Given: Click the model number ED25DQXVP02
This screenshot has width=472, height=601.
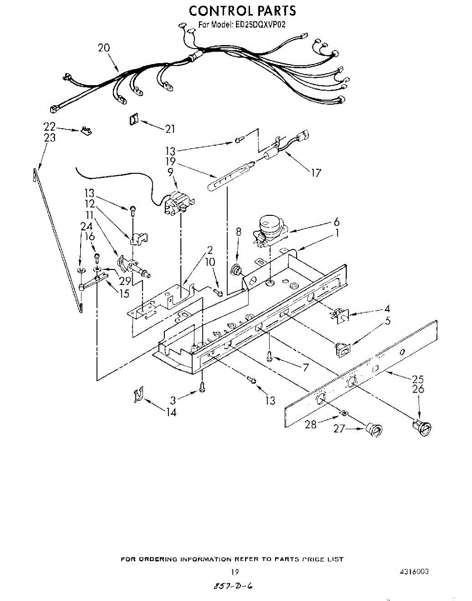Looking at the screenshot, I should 257,25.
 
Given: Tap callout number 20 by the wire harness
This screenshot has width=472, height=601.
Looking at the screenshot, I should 104,48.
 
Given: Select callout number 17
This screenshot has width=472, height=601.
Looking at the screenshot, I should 316,173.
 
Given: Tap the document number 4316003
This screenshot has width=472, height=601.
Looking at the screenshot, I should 413,572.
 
